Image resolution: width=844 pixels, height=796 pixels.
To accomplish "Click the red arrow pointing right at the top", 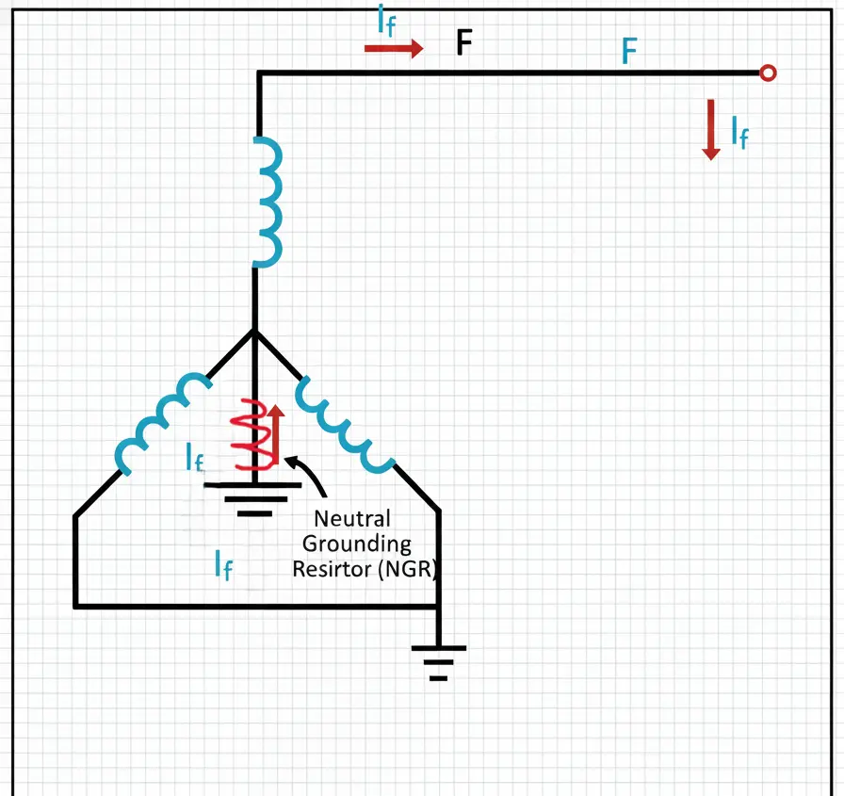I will pyautogui.click(x=394, y=49).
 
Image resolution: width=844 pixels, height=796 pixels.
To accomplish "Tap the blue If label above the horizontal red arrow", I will pyautogui.click(x=386, y=22).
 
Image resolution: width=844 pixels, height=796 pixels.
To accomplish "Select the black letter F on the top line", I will pyautogui.click(x=463, y=43).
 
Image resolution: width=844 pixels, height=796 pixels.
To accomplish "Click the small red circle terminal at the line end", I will pyautogui.click(x=768, y=73).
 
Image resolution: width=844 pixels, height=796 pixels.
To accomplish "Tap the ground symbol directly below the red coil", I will pyautogui.click(x=254, y=498).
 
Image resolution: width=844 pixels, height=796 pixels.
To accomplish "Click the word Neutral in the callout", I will pyautogui.click(x=351, y=518).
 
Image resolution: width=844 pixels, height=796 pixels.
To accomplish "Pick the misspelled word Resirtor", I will pyautogui.click(x=331, y=570).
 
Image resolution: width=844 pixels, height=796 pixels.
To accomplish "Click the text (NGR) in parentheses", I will pyautogui.click(x=408, y=570).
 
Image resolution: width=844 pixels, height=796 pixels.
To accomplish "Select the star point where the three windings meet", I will pyautogui.click(x=255, y=331).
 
